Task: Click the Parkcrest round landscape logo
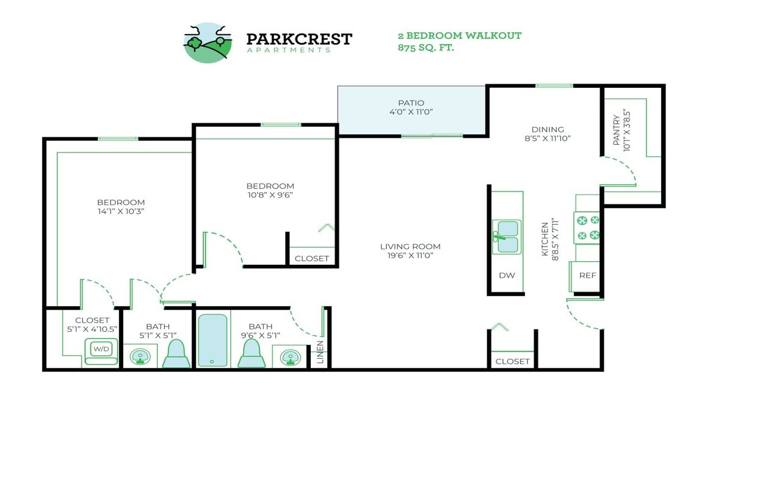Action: coord(208,43)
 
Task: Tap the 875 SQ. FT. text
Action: coord(426,48)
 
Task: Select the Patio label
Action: coord(411,103)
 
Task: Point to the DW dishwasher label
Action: coord(507,275)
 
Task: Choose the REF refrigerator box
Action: coord(587,275)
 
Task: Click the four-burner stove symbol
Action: coord(588,228)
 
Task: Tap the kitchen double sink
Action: coord(507,237)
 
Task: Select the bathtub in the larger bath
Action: coord(212,340)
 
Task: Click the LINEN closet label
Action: coord(321,353)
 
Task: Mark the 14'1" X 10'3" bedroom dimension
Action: coord(121,211)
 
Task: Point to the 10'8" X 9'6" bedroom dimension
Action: coord(270,195)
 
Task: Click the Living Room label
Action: coord(410,247)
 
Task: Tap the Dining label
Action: coord(548,129)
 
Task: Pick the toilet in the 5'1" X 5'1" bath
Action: coord(176,354)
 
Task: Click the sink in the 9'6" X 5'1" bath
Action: coord(291,357)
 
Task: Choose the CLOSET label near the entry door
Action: coord(513,361)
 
